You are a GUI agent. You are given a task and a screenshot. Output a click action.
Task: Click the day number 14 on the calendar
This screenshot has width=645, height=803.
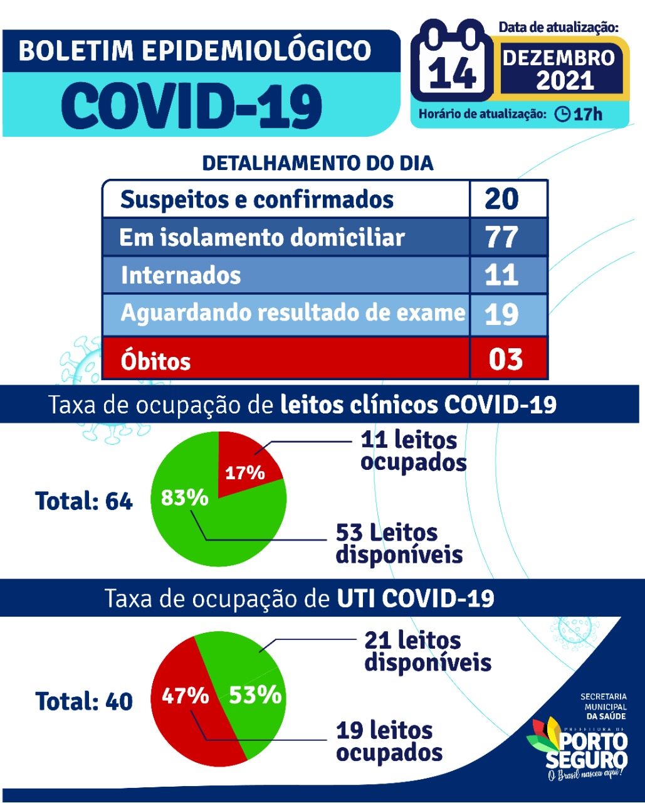[x=451, y=72]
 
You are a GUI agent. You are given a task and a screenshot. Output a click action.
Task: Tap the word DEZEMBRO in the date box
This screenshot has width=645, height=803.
[x=558, y=58]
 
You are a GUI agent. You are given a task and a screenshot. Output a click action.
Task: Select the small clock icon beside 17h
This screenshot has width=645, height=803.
[x=562, y=114]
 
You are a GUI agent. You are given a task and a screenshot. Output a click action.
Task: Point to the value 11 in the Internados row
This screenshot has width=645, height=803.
[x=501, y=275]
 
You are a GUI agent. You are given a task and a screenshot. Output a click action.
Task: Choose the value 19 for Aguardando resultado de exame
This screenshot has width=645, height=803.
[x=501, y=314]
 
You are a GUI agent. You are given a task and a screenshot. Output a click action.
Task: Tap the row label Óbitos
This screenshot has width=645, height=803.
[x=155, y=361]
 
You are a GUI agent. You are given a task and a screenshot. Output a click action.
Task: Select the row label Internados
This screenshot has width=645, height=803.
[x=181, y=275]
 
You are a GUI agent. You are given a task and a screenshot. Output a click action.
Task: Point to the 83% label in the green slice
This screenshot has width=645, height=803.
[x=184, y=497]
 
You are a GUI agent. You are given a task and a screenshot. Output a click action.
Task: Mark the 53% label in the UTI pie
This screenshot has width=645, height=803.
[x=255, y=695]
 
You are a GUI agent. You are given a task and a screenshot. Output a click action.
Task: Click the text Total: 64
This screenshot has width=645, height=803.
[x=84, y=501]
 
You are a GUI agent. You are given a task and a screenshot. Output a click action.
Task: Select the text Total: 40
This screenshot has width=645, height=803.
[x=84, y=701]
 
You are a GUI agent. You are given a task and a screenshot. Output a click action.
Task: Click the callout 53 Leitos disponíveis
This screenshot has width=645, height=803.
[x=399, y=543]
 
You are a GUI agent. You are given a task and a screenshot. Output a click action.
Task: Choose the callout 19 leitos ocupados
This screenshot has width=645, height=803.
[x=389, y=742]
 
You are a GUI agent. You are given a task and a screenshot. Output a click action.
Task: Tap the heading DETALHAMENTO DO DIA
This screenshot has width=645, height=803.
[x=318, y=163]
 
